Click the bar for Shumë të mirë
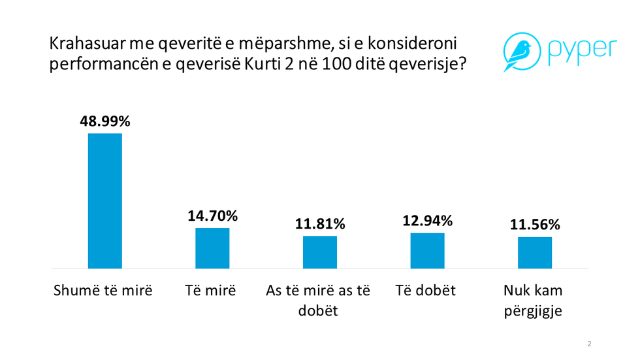point(104,201)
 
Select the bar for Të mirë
point(212,248)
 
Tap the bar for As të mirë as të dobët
point(320,252)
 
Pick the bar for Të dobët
point(427,251)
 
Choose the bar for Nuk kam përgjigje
point(535,253)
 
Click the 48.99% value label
point(105,122)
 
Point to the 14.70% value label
point(212,216)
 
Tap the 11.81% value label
point(320,224)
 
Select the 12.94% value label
point(427,221)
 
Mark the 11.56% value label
point(535,225)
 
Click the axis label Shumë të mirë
point(103,291)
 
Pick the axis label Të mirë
point(210,291)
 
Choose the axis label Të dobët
point(425,291)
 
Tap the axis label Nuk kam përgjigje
point(533,301)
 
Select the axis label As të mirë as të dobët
point(318,301)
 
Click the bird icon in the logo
point(519,52)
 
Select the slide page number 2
point(589,344)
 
